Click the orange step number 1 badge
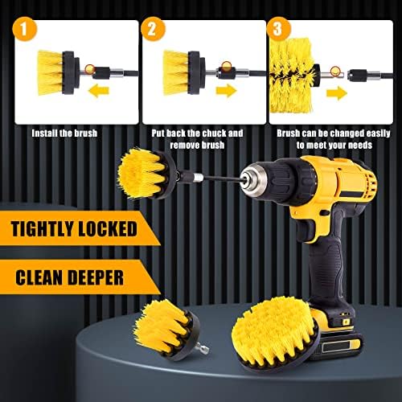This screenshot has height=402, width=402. point(24,28)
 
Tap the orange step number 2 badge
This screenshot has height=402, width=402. point(153,28)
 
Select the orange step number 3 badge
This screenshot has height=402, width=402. point(279,28)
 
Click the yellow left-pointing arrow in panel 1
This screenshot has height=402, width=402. point(99,91)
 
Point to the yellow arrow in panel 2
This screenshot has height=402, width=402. point(227,90)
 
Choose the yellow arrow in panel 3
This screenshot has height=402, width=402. point(337,92)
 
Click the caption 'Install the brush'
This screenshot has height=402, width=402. point(64,133)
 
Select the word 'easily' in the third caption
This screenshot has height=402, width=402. point(378,133)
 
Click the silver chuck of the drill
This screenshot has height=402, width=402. point(252,179)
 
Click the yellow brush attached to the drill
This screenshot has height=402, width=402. point(146,174)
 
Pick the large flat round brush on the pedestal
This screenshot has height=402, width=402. point(276,335)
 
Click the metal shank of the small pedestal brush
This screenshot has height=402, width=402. point(202,348)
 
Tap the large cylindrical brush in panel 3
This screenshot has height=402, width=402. point(293,75)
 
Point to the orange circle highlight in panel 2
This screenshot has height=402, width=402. point(227,66)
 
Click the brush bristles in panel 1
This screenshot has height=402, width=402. point(50,72)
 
